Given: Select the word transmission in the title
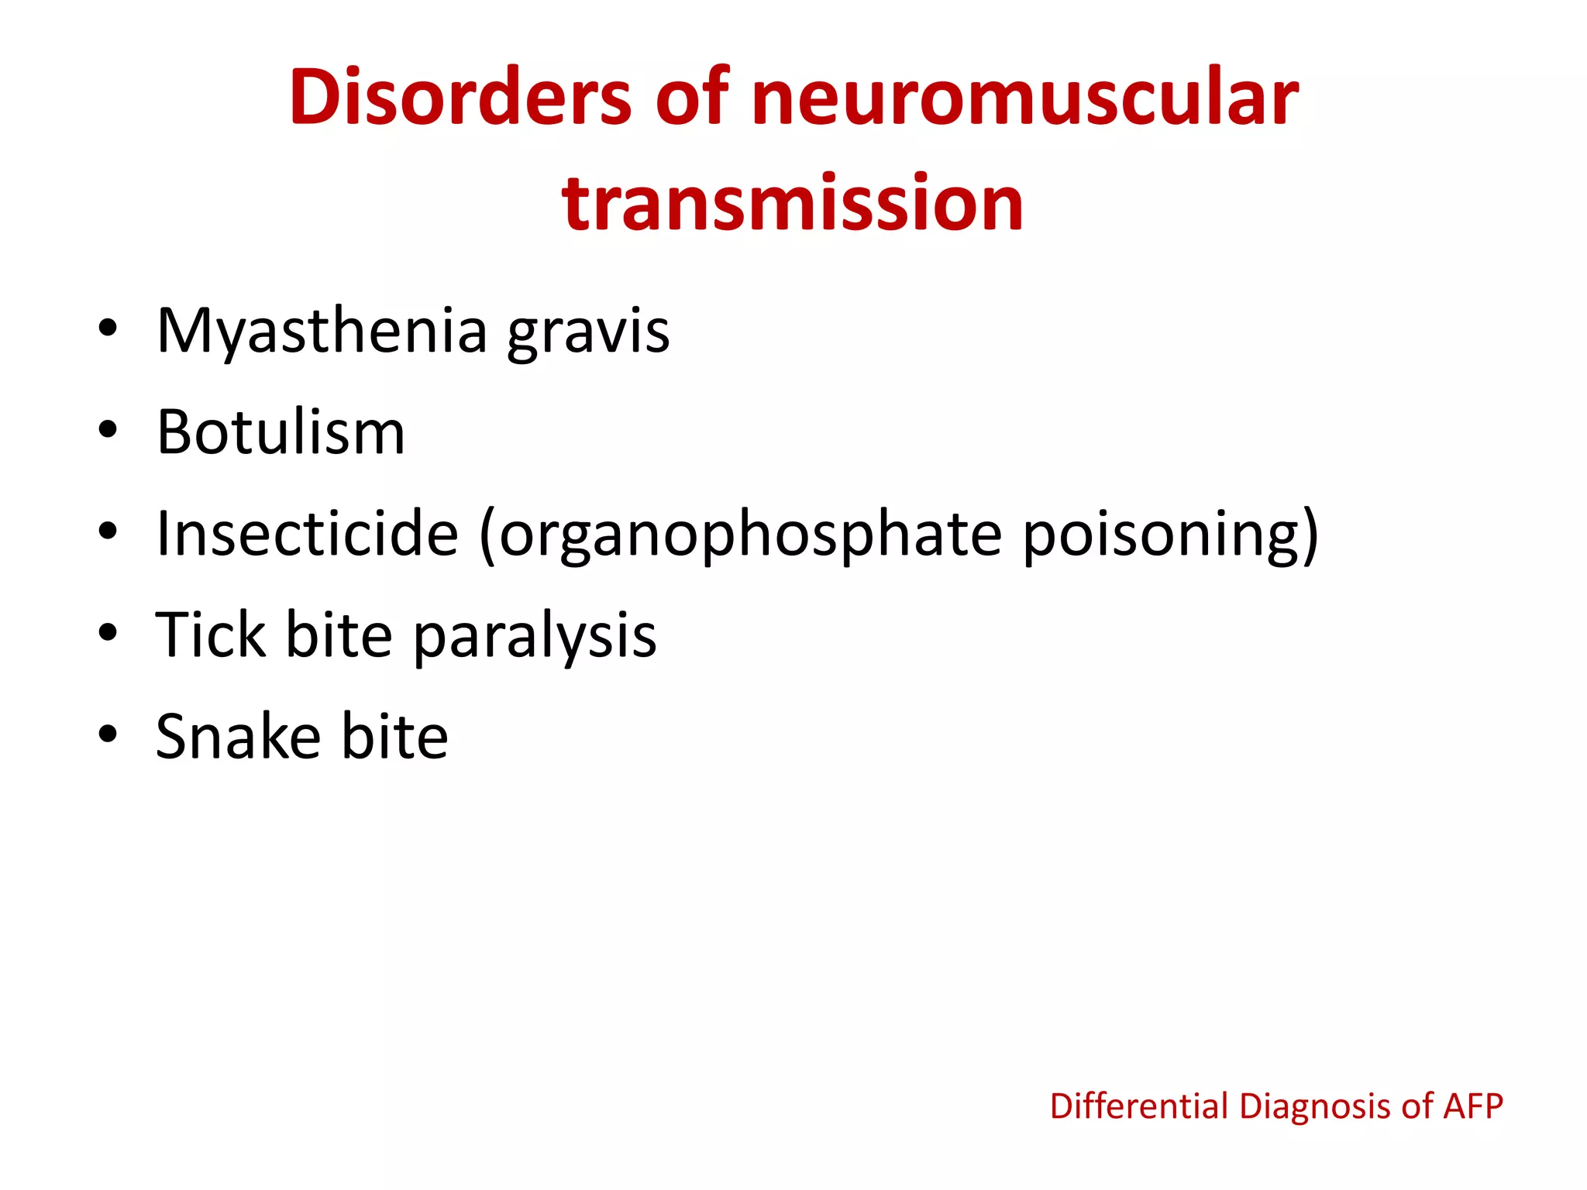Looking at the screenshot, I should [x=793, y=203].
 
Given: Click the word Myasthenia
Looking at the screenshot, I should [x=322, y=332].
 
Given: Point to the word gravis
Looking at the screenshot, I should [x=588, y=333].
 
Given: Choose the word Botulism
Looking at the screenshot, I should [x=281, y=432].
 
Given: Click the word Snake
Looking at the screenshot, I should [x=238, y=736].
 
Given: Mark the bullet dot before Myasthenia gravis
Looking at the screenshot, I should [x=108, y=328].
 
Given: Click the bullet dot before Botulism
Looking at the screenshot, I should [x=108, y=429].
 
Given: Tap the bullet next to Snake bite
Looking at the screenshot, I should [x=108, y=733].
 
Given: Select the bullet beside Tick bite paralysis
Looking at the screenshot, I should [x=108, y=632].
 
